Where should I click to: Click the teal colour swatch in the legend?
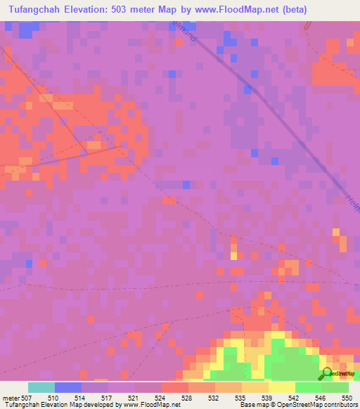(41, 387)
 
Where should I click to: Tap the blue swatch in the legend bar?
(68, 387)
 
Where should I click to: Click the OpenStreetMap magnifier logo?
(326, 374)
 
